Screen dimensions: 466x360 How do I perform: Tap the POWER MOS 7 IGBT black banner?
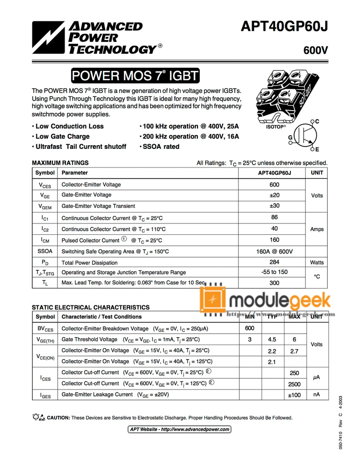tap(135, 75)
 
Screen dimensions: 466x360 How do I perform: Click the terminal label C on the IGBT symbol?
tap(317, 121)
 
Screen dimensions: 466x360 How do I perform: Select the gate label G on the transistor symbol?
tap(290, 137)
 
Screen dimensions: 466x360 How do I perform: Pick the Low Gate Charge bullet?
tap(62, 137)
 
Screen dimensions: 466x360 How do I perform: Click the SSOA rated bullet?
tap(161, 147)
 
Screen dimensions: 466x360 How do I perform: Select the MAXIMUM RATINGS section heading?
tap(60, 162)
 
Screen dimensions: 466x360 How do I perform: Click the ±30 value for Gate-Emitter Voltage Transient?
tap(274, 206)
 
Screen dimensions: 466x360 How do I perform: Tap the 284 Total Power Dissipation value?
tap(274, 262)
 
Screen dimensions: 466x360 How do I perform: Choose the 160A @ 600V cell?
tap(274, 251)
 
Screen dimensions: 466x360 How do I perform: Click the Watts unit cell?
tap(317, 263)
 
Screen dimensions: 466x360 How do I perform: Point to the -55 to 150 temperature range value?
tap(274, 272)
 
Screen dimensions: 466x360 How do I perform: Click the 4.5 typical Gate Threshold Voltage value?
tap(272, 339)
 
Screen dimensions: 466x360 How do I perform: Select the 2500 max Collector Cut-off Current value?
tap(294, 384)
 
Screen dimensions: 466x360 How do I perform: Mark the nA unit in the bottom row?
tap(317, 395)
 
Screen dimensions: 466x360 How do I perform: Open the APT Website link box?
tap(180, 429)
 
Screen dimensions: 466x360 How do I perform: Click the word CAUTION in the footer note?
tap(59, 417)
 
